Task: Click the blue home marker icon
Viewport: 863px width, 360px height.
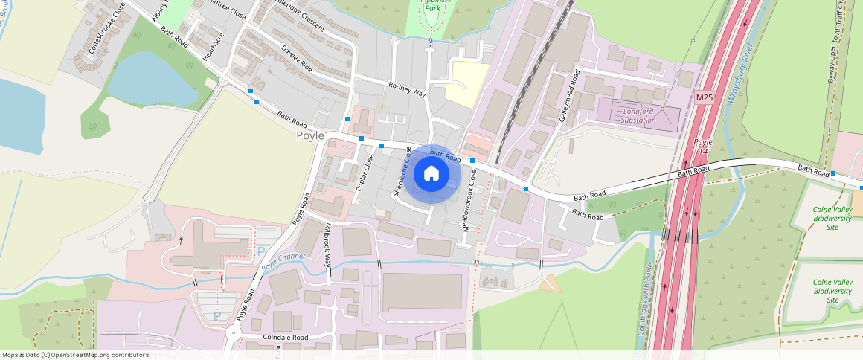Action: pyautogui.click(x=431, y=174)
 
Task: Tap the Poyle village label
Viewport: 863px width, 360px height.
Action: pyautogui.click(x=310, y=136)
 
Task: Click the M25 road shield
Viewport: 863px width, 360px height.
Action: pyautogui.click(x=705, y=97)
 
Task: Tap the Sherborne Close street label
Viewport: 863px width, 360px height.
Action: pyautogui.click(x=402, y=172)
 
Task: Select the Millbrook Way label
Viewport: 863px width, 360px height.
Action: pyautogui.click(x=328, y=245)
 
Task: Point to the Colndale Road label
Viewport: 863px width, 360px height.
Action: pyautogui.click(x=286, y=337)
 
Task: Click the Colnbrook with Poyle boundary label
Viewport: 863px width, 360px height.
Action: pyautogui.click(x=644, y=299)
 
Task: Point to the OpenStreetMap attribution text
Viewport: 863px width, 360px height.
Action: pyautogui.click(x=75, y=355)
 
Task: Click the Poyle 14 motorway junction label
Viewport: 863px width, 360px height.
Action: pyautogui.click(x=703, y=147)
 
